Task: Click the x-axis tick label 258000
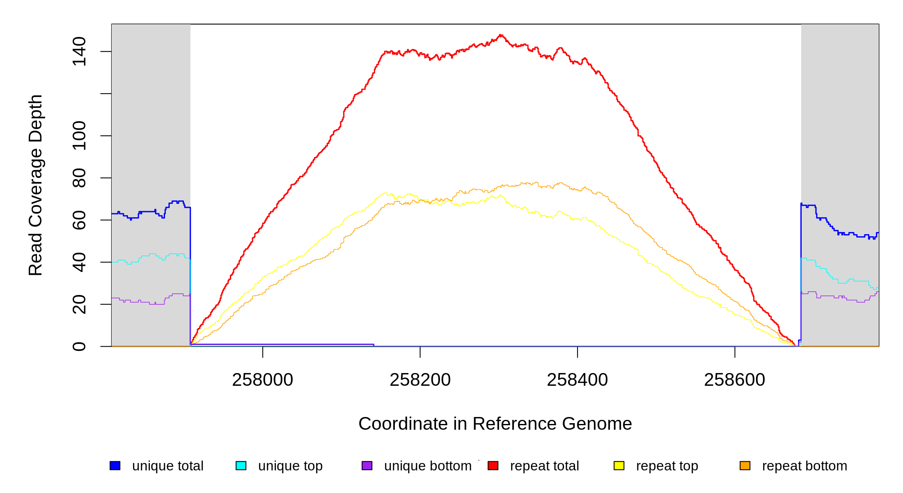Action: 262,380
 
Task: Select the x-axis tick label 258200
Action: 420,380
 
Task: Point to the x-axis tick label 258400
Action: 577,380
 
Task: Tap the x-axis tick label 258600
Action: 734,380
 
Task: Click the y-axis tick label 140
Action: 79,51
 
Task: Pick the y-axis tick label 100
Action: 79,136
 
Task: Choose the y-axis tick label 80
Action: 79,178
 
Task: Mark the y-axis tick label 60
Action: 79,220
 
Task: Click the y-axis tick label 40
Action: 79,262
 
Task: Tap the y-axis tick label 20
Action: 79,304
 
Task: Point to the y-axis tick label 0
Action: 79,346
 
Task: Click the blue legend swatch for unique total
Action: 115,465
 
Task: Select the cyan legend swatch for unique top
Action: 241,465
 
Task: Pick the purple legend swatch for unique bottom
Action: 367,465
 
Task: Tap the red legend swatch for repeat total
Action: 493,465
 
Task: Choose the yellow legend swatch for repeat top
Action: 619,465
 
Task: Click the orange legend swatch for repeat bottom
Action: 745,465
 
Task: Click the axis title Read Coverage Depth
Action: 35,185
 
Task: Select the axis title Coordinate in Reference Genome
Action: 495,424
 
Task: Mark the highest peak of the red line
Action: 500,35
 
